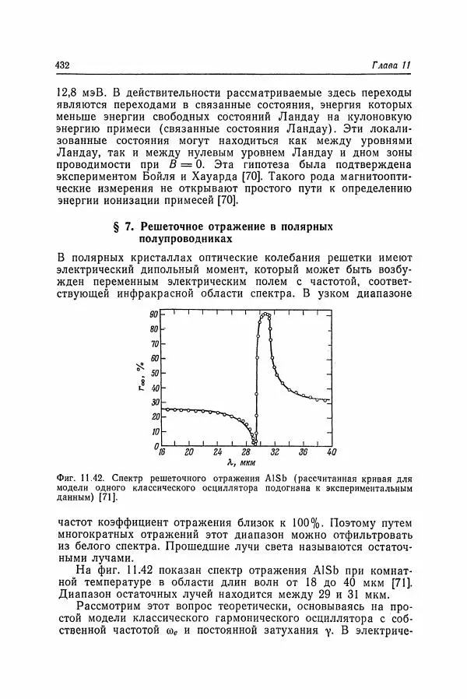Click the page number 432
coord(65,65)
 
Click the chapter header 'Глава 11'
coord(392,65)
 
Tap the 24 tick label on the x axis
coord(218,451)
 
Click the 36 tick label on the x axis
coord(303,451)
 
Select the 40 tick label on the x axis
coord(331,451)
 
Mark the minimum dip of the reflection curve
coord(255,444)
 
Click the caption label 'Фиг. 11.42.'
coord(83,476)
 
